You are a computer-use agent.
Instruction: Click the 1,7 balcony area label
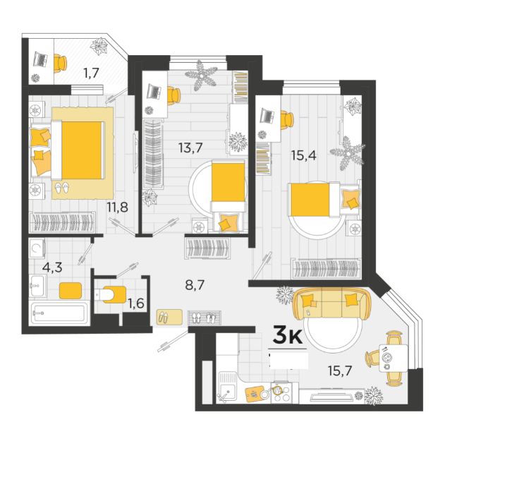pos(91,73)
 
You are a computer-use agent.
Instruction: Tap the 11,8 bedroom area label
pos(118,207)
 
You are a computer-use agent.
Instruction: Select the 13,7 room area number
pos(190,147)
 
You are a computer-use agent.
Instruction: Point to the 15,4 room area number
pos(303,155)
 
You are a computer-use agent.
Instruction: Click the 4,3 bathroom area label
pos(52,267)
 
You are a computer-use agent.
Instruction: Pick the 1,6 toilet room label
pos(136,303)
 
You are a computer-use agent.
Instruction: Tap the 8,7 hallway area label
pos(195,285)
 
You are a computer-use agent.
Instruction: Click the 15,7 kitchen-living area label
pos(340,370)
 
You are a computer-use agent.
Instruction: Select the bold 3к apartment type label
pos(287,335)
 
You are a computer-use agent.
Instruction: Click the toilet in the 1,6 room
pos(110,294)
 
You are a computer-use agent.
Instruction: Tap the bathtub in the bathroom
pos(59,313)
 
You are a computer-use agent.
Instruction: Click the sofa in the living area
pos(331,303)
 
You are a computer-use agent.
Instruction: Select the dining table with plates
pos(393,359)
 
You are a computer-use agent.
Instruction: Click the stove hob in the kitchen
pos(281,392)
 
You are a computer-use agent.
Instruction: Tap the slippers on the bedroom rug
pos(62,188)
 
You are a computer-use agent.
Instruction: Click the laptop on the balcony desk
pos(41,59)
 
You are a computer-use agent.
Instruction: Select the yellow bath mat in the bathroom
pos(71,291)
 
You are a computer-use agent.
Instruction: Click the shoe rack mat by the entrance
pos(205,318)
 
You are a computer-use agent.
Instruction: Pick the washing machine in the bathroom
pos(37,249)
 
